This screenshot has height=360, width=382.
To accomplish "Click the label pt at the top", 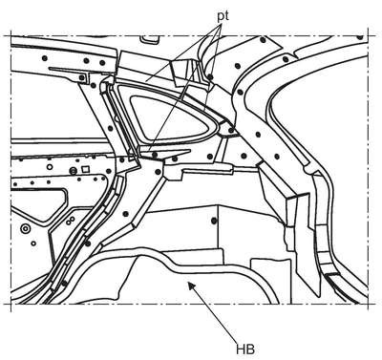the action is click(223, 17).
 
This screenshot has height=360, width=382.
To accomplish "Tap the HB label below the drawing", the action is click(245, 349).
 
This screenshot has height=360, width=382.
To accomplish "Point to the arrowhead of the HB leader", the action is click(190, 285).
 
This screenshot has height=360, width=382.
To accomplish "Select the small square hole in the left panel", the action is click(85, 169).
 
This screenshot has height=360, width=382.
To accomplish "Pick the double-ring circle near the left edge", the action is click(25, 228).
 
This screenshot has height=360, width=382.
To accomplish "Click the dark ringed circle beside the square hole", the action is click(74, 171).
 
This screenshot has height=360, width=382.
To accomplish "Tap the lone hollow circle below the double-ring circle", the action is click(33, 244).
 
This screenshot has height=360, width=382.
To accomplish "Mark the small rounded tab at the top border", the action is click(150, 39).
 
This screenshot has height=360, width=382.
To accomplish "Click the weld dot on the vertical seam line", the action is click(214, 221).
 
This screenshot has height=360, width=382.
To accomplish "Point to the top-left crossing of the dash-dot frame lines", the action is click(11, 36).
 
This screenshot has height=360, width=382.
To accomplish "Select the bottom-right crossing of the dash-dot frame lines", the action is click(369, 304).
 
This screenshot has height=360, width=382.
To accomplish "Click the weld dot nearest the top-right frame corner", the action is click(360, 37).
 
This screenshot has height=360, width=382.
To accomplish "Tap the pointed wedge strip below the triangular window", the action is click(165, 152).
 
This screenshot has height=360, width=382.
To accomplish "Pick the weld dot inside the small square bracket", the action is click(82, 77).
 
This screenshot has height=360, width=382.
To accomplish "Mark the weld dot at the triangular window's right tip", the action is click(231, 131).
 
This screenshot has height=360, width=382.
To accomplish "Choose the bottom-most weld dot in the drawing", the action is click(64, 283).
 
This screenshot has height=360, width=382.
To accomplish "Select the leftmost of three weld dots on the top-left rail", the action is click(45, 58).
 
